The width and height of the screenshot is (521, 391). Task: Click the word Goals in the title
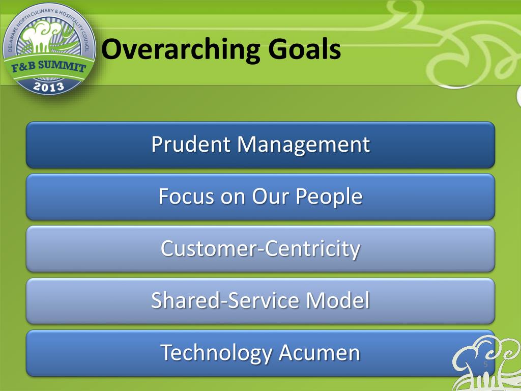(304, 48)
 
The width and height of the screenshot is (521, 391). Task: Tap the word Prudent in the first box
(191, 144)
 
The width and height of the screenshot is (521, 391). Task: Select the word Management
(303, 145)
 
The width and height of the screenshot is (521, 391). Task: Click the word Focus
(186, 196)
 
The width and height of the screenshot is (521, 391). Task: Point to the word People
(329, 197)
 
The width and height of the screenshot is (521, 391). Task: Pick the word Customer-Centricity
(260, 249)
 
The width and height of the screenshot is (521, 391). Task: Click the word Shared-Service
(225, 300)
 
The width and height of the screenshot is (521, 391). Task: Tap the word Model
(338, 300)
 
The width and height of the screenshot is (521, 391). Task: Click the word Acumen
(320, 353)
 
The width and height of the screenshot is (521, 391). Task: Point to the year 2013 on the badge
(48, 87)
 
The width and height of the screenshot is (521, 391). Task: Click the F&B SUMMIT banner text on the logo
(49, 66)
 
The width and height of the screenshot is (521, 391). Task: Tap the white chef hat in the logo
(38, 36)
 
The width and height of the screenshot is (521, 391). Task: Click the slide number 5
(485, 364)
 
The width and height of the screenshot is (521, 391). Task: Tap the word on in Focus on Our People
(233, 199)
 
